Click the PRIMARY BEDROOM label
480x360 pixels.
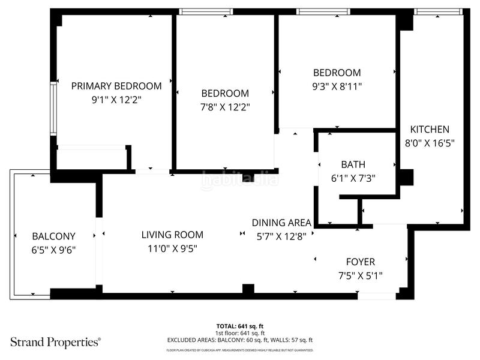116,86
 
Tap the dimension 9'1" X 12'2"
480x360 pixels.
116,100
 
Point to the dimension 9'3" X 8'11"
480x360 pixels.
336,86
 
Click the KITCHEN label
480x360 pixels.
429,129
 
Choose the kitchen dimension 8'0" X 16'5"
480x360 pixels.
429,143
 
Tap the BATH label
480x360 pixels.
353,164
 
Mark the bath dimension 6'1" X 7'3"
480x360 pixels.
353,178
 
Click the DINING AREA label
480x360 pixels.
281,222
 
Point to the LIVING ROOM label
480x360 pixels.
172,235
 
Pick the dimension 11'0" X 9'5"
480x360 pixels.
172,248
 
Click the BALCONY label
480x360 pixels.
53,236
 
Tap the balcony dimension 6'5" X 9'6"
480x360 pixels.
53,250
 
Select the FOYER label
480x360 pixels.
361,262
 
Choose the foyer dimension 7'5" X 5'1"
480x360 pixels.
361,275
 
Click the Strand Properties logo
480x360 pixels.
55,342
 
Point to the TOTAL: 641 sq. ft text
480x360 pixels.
240,326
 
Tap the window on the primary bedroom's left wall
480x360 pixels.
53,108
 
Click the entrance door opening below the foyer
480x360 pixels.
376,296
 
